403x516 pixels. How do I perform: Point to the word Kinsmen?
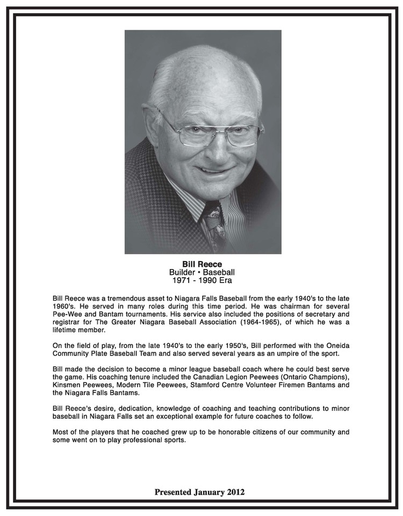pyautogui.click(x=68, y=386)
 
